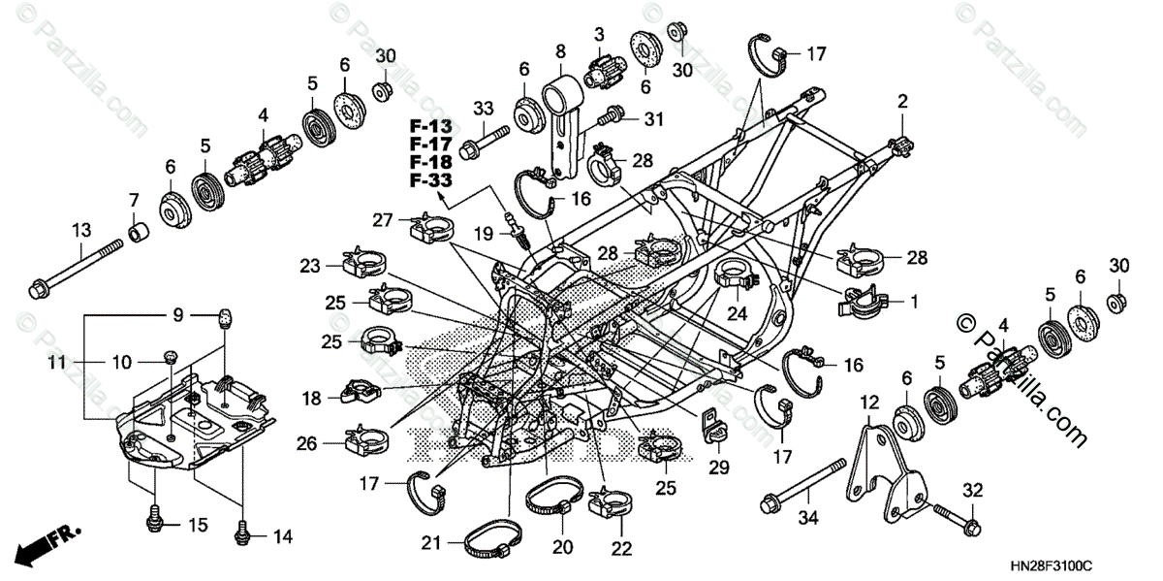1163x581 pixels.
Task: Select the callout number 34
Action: coord(808,519)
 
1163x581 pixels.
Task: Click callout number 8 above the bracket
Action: coord(560,49)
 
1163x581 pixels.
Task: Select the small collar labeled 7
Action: coord(140,234)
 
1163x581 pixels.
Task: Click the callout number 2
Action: coord(902,101)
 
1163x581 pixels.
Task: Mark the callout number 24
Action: coord(739,313)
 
